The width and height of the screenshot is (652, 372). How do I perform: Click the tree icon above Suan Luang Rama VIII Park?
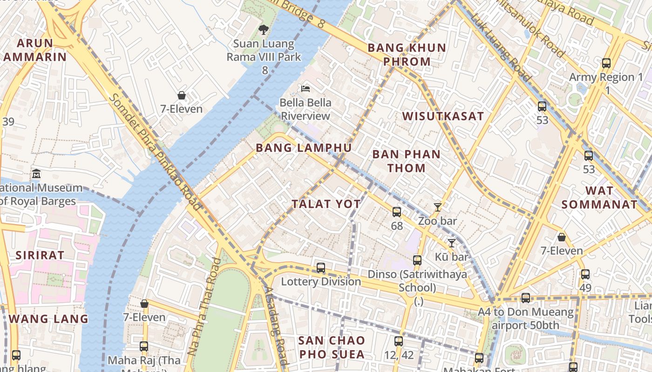(x=264, y=30)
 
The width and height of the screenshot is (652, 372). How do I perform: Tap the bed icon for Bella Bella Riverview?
(x=306, y=88)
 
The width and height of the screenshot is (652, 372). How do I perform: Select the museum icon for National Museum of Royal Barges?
(x=36, y=174)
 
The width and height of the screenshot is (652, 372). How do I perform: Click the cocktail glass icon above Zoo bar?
(x=437, y=207)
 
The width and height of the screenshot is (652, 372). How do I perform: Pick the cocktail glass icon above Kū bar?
(x=451, y=243)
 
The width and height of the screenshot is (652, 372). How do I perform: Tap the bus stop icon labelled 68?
(x=396, y=212)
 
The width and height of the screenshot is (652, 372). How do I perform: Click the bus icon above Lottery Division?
(x=321, y=268)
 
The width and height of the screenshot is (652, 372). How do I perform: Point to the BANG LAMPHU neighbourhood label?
(x=304, y=148)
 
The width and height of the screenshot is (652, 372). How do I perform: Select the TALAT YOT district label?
(x=326, y=204)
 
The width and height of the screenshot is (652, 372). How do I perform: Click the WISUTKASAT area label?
(x=443, y=116)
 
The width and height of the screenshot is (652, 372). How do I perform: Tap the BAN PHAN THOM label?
(x=407, y=161)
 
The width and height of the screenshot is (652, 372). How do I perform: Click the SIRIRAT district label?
(x=40, y=255)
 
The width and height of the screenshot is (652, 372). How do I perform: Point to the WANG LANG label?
(x=48, y=319)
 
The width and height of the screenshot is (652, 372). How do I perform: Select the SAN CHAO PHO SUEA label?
(x=331, y=347)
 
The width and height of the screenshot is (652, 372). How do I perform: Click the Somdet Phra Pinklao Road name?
(x=156, y=151)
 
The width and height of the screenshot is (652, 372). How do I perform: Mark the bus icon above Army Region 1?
(x=606, y=63)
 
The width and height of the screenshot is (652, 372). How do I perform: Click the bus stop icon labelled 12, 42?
(x=399, y=341)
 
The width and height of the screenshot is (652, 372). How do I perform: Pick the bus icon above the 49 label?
(x=585, y=274)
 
